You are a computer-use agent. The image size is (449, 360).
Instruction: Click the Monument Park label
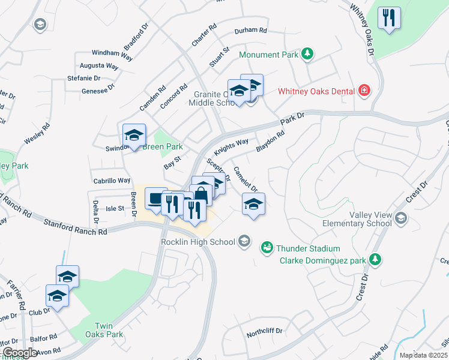tap(268, 55)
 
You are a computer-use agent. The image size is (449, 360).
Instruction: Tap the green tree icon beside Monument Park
tap(307, 55)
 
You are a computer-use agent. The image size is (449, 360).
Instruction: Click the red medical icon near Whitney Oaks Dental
tap(363, 91)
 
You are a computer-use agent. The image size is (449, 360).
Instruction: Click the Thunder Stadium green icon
tap(265, 247)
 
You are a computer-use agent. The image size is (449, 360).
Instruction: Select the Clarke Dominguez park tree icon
tap(375, 260)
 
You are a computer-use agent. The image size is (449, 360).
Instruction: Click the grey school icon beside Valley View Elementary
tap(401, 218)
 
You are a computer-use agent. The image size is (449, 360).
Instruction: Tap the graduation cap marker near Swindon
tap(134, 135)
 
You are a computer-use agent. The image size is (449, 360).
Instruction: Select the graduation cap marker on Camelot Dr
tap(253, 204)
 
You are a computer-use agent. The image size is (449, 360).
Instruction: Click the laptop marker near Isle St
tap(156, 199)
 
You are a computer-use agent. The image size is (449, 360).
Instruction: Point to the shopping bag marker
tap(201, 196)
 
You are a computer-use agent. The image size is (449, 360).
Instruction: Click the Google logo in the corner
tap(20, 353)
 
